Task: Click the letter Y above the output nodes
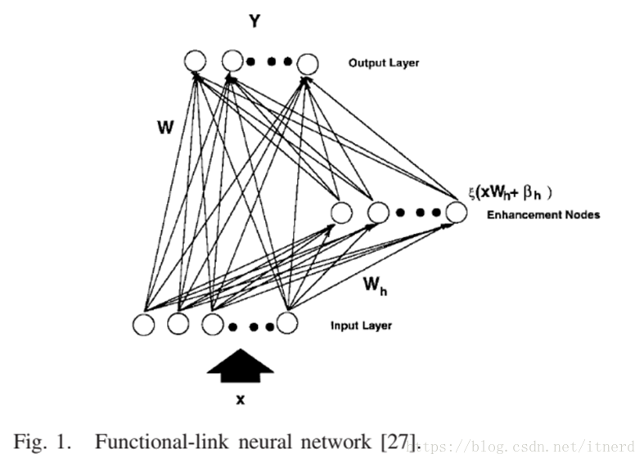254,22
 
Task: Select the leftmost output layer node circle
195,61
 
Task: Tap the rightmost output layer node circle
307,63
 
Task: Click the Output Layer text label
383,63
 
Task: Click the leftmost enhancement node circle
341,214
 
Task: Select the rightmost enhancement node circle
456,213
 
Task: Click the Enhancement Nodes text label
543,215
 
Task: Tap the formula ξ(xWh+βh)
510,193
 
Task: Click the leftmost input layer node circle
144,324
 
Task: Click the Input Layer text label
361,326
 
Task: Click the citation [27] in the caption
400,443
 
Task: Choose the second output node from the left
232,61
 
